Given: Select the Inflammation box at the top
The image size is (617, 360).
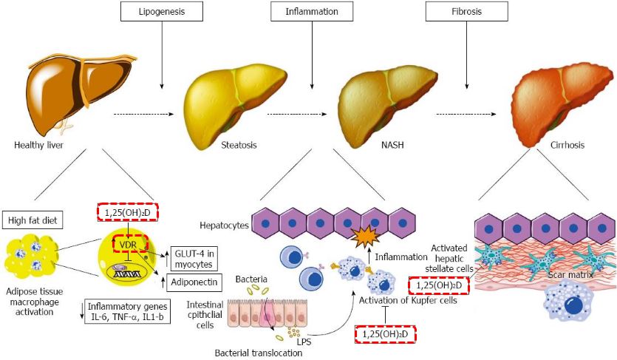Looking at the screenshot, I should pos(313,12).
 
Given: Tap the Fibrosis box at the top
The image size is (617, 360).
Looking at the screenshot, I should pos(466,12).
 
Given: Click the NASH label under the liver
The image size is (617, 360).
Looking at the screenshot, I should pos(386,146).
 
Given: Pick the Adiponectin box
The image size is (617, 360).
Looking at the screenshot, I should pos(198,282).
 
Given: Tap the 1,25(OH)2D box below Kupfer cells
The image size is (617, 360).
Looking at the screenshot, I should pos(385,334).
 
